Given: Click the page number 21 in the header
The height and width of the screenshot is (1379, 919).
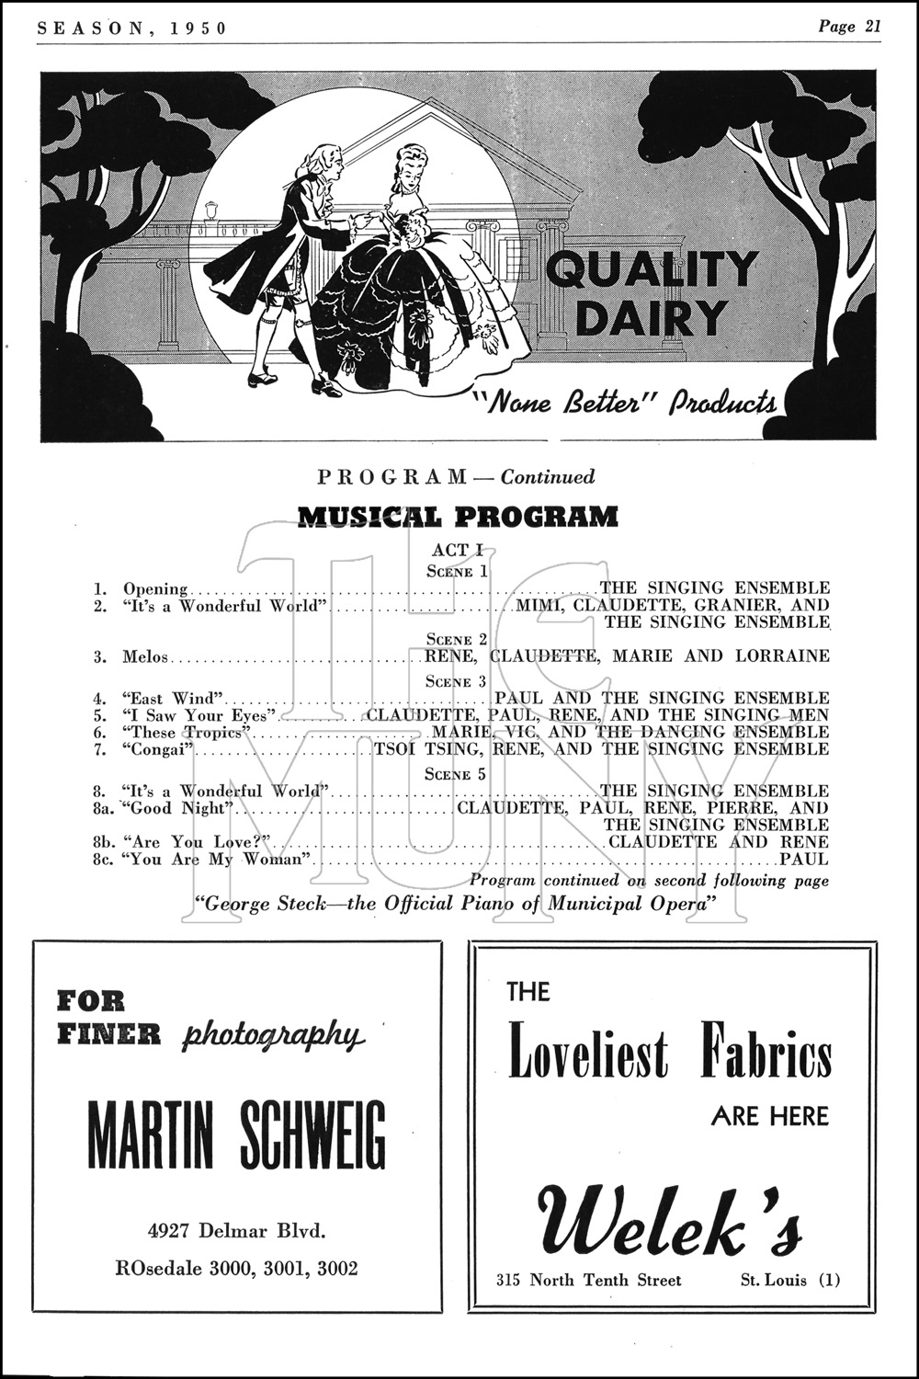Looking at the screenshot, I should pos(871,26).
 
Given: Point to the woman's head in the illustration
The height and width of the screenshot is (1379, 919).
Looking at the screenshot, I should pos(405,166).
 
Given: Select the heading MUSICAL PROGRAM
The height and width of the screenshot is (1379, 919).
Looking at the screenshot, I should pos(459,517).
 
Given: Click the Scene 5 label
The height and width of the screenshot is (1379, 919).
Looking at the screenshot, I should pos(458,774).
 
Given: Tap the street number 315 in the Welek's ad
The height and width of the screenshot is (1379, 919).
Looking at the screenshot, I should pos(509,1280).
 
